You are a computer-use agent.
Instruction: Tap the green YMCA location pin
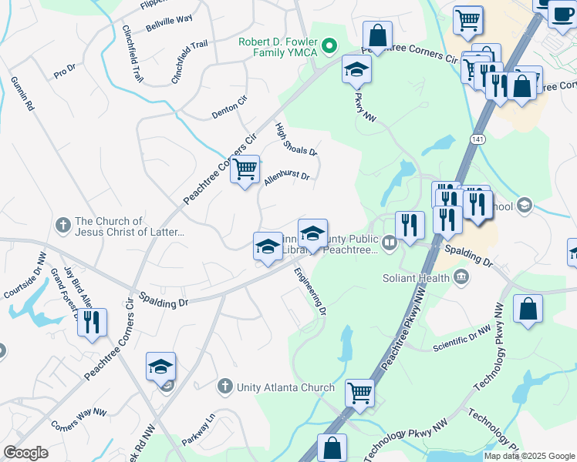click(330, 46)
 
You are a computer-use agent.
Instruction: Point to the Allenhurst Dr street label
click(286, 179)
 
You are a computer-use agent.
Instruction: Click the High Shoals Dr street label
click(297, 139)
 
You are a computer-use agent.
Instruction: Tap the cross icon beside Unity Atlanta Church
click(224, 385)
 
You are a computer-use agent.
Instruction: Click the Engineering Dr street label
click(310, 290)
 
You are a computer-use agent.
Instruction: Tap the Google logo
click(25, 453)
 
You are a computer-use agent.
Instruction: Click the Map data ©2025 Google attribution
click(528, 456)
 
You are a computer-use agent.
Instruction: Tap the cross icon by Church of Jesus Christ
click(63, 226)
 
